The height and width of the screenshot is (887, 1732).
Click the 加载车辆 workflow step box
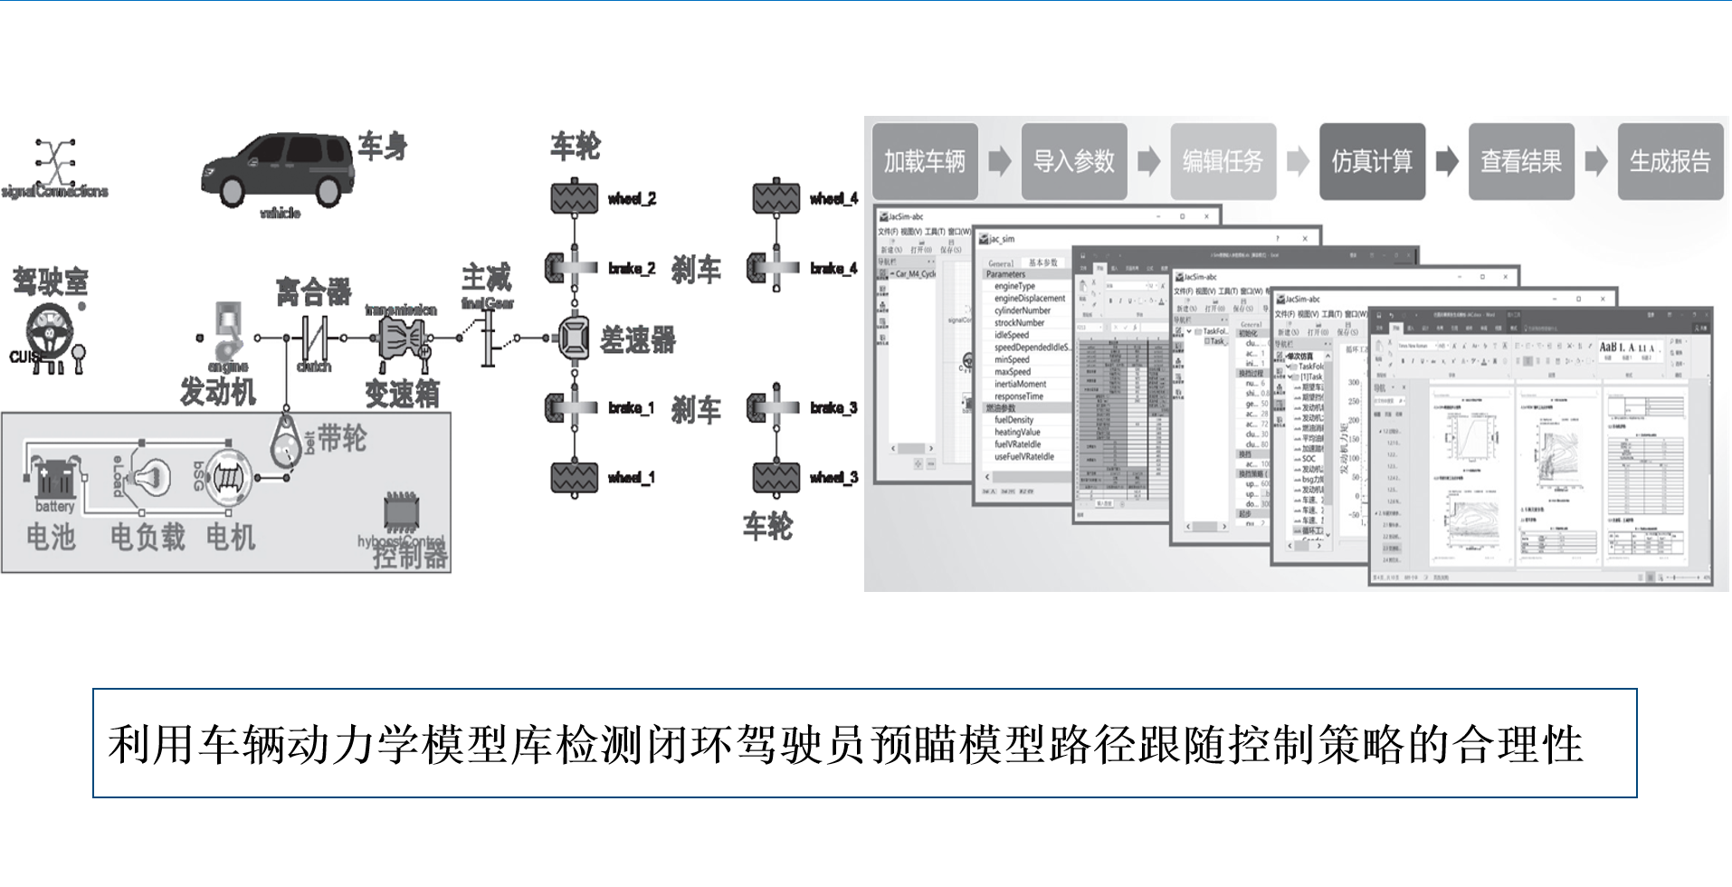click(925, 161)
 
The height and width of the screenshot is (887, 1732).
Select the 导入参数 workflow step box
click(1074, 161)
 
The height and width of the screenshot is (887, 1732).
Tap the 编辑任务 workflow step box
click(1223, 161)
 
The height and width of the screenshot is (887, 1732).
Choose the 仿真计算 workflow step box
click(1372, 161)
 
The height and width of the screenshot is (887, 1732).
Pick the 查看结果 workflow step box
click(1521, 161)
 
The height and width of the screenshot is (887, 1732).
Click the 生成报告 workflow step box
click(1670, 161)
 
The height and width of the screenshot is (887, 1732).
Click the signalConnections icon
click(55, 162)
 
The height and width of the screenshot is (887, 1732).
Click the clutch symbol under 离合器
click(314, 338)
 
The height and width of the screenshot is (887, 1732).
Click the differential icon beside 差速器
click(574, 339)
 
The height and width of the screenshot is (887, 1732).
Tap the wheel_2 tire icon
click(575, 197)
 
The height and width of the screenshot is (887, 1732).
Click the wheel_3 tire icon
click(776, 477)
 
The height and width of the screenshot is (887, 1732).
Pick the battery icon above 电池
click(54, 477)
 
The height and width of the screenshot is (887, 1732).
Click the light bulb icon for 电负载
click(149, 475)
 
